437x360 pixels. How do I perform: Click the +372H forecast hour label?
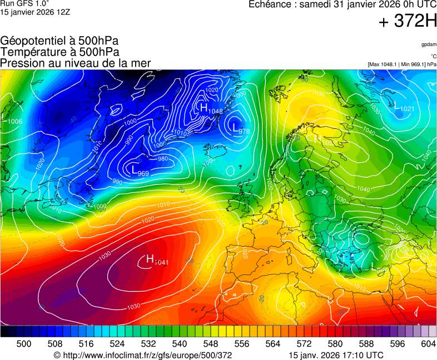point(408,22)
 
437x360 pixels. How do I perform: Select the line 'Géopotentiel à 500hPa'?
point(59,41)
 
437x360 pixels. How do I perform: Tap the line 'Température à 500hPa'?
point(59,52)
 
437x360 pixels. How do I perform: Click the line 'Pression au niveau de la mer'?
point(76,63)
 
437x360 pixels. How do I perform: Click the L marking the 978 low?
point(236,128)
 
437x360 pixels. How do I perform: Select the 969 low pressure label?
point(143,173)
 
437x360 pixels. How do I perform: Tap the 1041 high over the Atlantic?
point(161,262)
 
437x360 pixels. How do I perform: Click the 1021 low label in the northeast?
point(407,109)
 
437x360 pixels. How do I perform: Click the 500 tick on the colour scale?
point(24,344)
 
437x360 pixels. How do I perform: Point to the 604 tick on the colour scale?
point(428,344)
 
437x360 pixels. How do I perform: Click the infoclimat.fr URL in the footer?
point(142,355)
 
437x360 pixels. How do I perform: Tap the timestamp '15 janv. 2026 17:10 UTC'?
point(336,355)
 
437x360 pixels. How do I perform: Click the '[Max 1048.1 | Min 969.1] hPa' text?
point(402,64)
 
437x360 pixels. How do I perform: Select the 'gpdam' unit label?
point(429,44)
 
